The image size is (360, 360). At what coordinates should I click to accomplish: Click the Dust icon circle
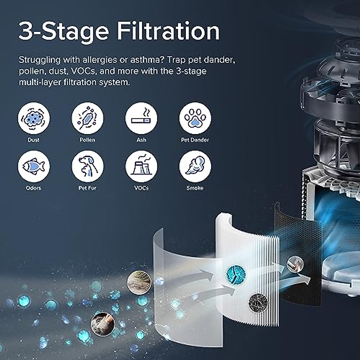34,118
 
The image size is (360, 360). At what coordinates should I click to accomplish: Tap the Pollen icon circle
87,118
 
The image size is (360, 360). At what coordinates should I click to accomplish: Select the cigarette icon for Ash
141,118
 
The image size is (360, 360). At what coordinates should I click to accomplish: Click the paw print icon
195,118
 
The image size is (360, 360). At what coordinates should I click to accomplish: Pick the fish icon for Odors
34,166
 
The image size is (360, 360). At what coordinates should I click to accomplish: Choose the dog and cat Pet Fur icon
87,166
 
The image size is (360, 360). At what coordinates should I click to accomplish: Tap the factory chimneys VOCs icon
141,166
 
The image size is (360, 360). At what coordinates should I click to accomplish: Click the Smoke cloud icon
195,166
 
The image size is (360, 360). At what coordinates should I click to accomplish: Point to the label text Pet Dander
195,140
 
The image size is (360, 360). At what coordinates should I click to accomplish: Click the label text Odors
34,188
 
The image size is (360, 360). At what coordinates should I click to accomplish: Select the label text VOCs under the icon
141,188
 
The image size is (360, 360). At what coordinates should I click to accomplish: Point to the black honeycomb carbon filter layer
288,234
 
